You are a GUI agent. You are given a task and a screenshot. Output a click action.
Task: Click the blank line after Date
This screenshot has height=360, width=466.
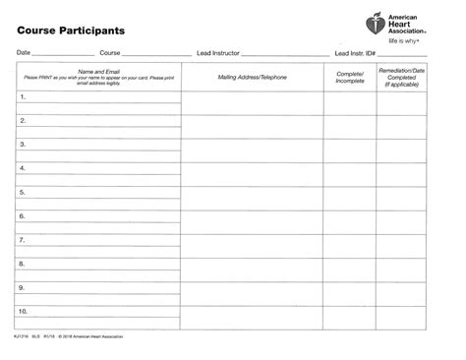(64, 54)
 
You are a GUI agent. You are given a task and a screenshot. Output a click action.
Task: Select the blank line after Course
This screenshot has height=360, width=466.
(155, 54)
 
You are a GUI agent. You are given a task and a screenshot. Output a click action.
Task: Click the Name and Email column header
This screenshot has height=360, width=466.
(98, 76)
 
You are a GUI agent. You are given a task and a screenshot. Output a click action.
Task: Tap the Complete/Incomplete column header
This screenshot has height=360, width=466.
(350, 76)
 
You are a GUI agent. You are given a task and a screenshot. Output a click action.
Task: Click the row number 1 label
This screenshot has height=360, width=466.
(23, 98)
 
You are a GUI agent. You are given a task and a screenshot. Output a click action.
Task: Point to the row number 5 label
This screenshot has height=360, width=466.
(23, 192)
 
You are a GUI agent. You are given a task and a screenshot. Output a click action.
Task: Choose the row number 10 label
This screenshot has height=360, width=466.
(25, 311)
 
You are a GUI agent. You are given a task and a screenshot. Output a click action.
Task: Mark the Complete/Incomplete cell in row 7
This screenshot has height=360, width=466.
(350, 243)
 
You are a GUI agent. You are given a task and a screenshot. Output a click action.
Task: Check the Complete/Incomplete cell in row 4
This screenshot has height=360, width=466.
(350, 172)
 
